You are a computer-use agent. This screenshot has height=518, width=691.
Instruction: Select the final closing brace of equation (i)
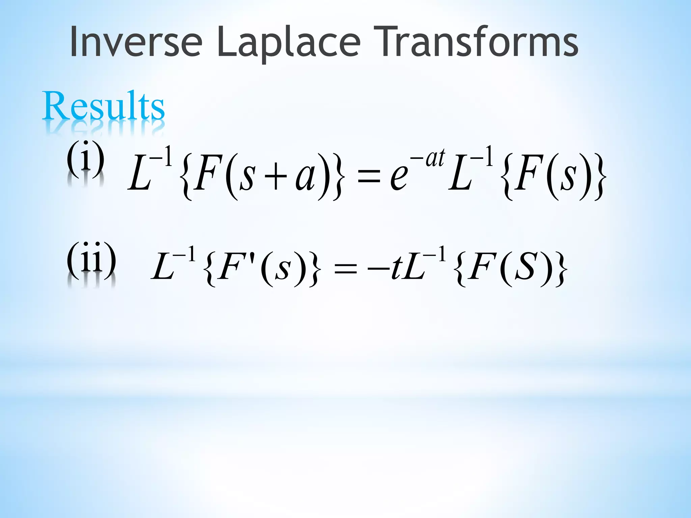pos(600,177)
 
